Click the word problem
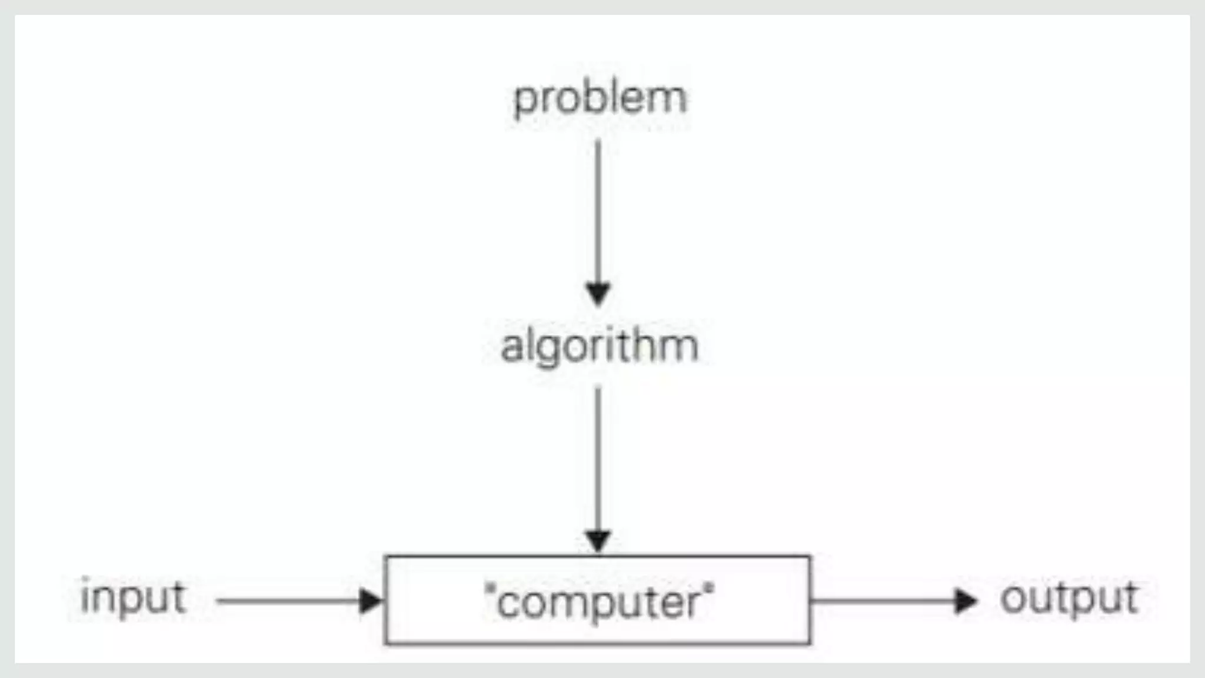coord(600,98)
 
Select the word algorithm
coord(600,346)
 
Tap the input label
coord(133,598)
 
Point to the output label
coord(1069,598)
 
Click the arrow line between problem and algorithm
coord(598,212)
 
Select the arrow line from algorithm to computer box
coord(598,459)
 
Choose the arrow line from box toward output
coord(883,601)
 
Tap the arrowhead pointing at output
coord(966,601)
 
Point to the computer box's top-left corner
coord(386,557)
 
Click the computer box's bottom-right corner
coord(810,643)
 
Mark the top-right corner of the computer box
coord(810,557)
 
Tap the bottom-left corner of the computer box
coord(386,643)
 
